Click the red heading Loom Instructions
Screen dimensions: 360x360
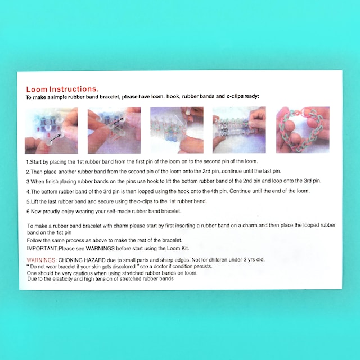tap(62, 89)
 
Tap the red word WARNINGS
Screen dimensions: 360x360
tap(41, 260)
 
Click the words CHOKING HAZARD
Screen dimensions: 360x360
tap(80, 260)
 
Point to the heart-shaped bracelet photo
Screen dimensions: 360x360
tap(303, 130)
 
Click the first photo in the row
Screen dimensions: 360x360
tap(51, 130)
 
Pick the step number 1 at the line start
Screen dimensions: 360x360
tap(28, 161)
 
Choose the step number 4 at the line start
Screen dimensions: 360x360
tap(28, 191)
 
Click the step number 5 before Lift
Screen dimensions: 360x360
tap(28, 201)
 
